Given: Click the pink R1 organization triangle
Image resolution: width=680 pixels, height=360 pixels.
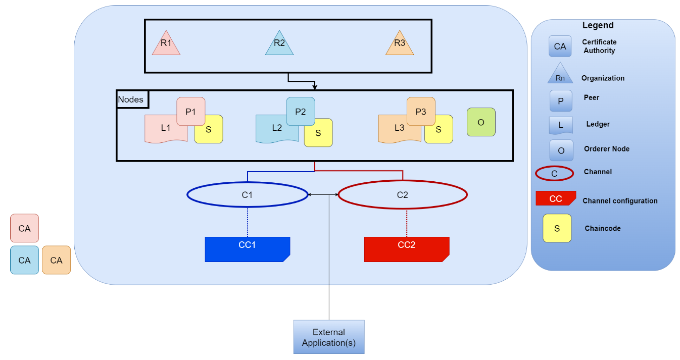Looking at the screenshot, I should click(x=166, y=44).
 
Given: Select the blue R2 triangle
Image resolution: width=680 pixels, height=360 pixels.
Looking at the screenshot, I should click(x=279, y=44).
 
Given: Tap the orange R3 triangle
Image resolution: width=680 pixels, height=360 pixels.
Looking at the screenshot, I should click(x=400, y=44).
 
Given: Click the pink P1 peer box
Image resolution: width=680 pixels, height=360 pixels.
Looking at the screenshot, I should click(x=191, y=111).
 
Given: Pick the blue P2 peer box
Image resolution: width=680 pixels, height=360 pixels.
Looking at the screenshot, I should click(x=301, y=111).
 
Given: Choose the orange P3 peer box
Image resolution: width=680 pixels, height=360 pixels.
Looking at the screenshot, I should click(x=421, y=111).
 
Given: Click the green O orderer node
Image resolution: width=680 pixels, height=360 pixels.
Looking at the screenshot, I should click(x=481, y=122).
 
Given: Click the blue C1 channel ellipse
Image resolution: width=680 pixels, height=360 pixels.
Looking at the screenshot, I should click(x=248, y=195).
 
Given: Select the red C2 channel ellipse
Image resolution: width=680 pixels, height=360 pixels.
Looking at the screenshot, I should click(x=403, y=195).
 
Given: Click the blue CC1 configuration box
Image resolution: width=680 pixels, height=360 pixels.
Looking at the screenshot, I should click(x=248, y=249).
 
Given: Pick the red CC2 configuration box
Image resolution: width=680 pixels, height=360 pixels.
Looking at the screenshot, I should click(x=407, y=249).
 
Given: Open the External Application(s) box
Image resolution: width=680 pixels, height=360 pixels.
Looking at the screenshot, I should click(x=329, y=337).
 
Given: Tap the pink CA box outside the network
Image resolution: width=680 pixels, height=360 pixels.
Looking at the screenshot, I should click(x=25, y=228).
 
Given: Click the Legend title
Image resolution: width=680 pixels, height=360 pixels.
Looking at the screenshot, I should click(x=598, y=25).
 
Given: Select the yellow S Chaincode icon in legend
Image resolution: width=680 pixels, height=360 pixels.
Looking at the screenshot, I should click(x=557, y=228).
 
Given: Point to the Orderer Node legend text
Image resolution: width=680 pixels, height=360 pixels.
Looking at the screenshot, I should click(x=607, y=149).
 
